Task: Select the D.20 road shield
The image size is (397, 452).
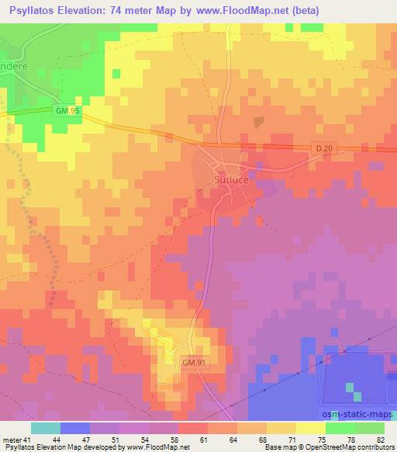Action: click(325, 148)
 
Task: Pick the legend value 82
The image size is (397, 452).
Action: click(380, 440)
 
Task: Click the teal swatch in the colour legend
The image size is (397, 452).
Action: click(46, 428)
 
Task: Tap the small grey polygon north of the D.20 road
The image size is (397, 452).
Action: click(258, 122)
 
